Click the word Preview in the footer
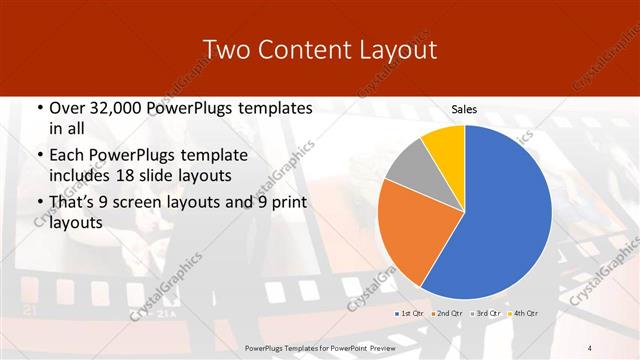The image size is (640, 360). pos(381,346)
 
